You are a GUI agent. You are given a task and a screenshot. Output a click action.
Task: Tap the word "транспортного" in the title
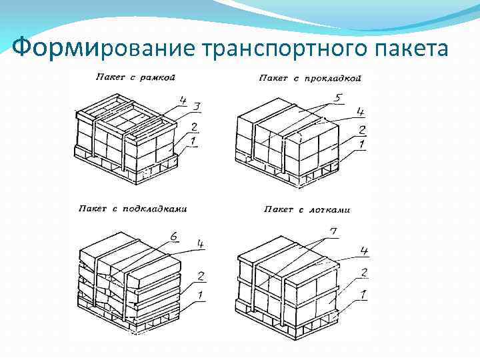tap(279, 47)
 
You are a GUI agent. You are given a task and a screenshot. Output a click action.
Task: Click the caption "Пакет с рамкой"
tap(135, 77)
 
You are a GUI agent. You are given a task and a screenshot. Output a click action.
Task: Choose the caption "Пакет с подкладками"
tap(133, 209)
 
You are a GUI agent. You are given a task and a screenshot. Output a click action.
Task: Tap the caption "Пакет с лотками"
tap(307, 209)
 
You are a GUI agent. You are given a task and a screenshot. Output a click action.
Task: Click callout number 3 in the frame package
tap(197, 107)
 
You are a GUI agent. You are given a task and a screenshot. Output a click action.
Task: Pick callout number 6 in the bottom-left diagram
tap(173, 235)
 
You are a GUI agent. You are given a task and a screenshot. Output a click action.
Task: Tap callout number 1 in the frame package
tap(193, 142)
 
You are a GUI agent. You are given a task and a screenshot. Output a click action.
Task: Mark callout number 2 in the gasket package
tap(362, 129)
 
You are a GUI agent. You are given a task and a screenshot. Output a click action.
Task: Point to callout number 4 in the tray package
tap(364, 251)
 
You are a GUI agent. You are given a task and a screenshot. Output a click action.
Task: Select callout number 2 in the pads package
tap(201, 275)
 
